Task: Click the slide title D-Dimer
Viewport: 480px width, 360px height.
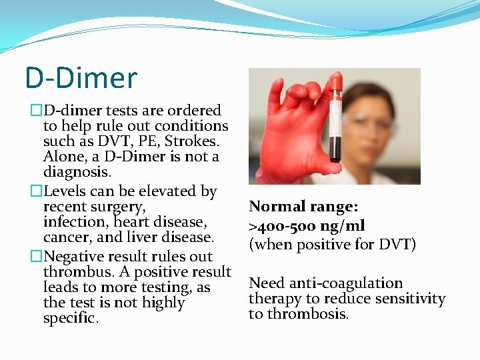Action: [81, 77]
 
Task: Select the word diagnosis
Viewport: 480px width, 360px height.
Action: [77, 172]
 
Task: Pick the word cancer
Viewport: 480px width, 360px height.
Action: [65, 237]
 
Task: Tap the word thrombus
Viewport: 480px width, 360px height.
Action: [73, 272]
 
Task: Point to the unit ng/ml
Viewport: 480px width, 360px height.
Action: [341, 227]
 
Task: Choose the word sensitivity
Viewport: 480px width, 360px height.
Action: [409, 299]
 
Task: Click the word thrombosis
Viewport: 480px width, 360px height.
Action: [298, 314]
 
